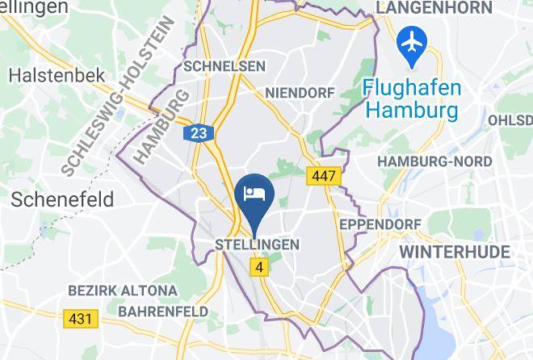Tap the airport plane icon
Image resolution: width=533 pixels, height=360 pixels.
(x=412, y=46)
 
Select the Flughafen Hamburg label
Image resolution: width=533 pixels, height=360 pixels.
(x=411, y=97)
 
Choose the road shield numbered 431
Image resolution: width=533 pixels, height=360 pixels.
(x=80, y=319)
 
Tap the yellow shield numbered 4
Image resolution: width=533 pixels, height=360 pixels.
(x=258, y=266)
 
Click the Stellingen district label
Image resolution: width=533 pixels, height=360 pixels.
(x=258, y=245)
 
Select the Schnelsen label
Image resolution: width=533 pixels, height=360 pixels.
(x=213, y=66)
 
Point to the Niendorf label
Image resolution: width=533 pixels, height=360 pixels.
(x=300, y=93)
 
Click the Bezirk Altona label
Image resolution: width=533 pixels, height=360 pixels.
(x=123, y=291)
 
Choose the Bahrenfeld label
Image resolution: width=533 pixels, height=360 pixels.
(x=163, y=311)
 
